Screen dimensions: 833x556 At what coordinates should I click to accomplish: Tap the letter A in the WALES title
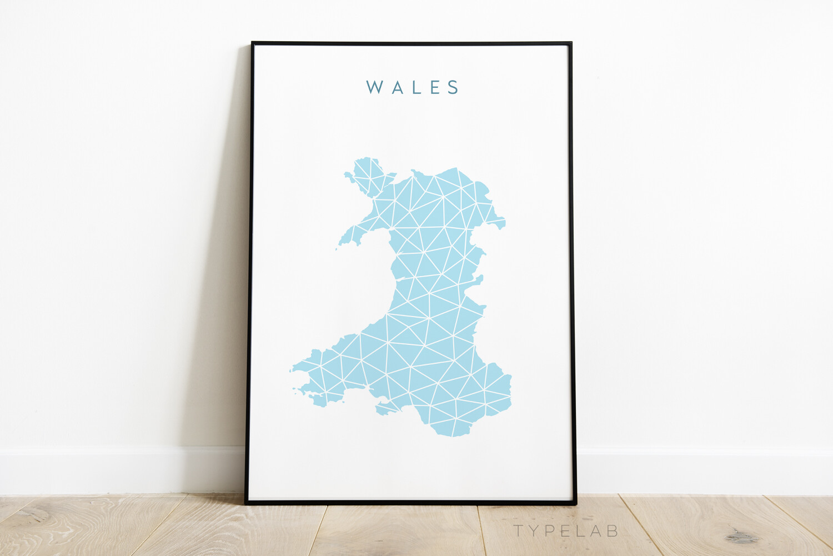pyautogui.click(x=398, y=87)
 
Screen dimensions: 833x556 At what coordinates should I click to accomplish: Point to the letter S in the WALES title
pyautogui.click(x=454, y=87)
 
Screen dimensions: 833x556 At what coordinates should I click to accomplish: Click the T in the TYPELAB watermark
pyautogui.click(x=519, y=531)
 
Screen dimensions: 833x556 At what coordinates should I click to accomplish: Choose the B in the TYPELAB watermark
pyautogui.click(x=611, y=531)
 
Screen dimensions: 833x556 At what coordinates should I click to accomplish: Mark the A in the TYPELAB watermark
pyautogui.click(x=595, y=531)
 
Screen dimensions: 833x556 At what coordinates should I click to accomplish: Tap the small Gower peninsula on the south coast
pyautogui.click(x=387, y=409)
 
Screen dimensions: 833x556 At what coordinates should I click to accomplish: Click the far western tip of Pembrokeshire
pyautogui.click(x=292, y=369)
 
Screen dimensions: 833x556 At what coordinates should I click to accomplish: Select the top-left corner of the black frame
pyautogui.click(x=253, y=43)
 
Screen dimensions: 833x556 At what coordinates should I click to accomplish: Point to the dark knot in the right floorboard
pyautogui.click(x=741, y=537)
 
